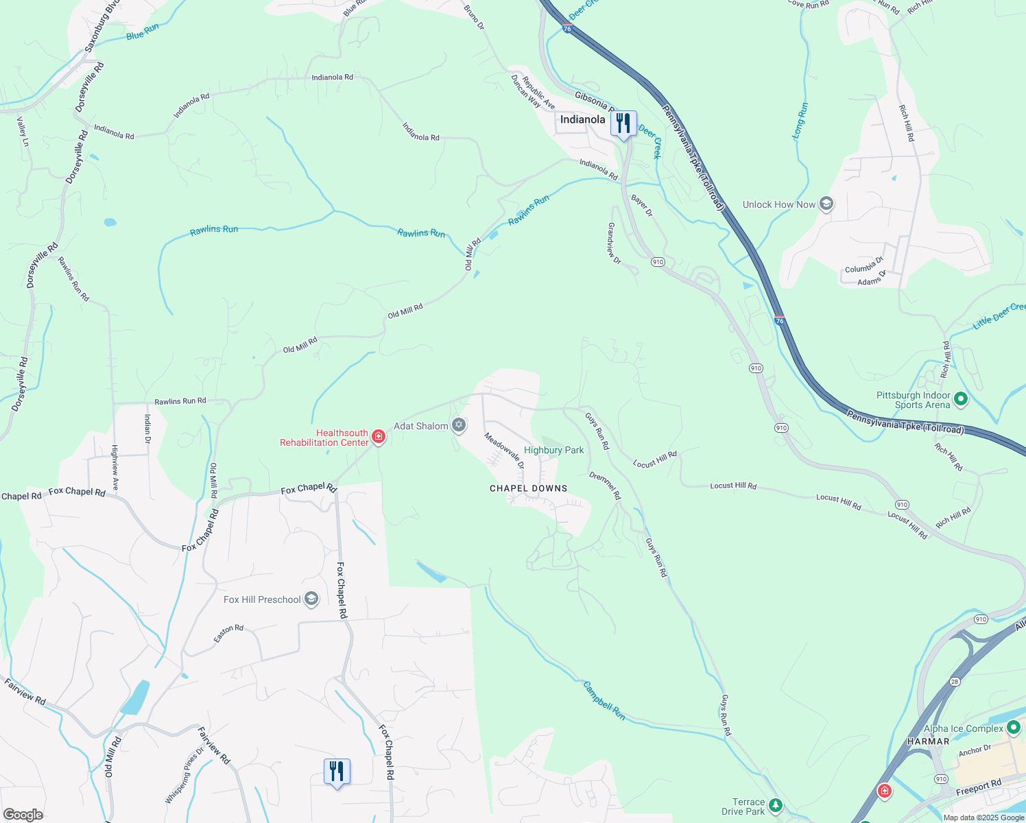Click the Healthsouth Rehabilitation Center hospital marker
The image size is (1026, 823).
coord(378,437)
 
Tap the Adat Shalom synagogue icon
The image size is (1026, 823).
coord(459,426)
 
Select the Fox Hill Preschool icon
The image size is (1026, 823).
coord(311,599)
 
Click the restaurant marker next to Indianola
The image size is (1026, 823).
coord(623,123)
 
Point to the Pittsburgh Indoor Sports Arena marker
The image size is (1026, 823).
coord(961,398)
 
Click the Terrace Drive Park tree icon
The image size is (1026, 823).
coord(775,805)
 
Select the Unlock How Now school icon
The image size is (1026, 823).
coord(826,204)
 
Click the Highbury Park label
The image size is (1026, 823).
coord(553,450)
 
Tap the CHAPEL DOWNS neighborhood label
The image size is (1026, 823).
coord(528,488)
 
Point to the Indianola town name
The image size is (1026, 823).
coord(582,119)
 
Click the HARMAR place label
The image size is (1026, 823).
coord(928,741)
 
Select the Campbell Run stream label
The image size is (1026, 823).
coord(604,700)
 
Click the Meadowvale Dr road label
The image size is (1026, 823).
coord(504,450)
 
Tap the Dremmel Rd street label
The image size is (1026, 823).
coord(605,485)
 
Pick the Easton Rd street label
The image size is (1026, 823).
coord(228,633)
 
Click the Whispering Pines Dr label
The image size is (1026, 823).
coord(184,776)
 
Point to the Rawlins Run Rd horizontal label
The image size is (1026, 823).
coord(180,401)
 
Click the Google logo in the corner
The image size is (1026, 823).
coord(23,814)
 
